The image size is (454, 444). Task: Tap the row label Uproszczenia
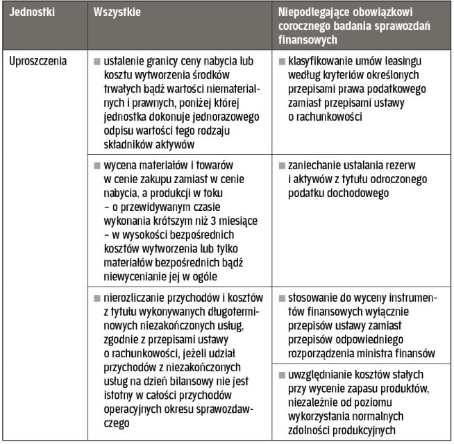(38, 61)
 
